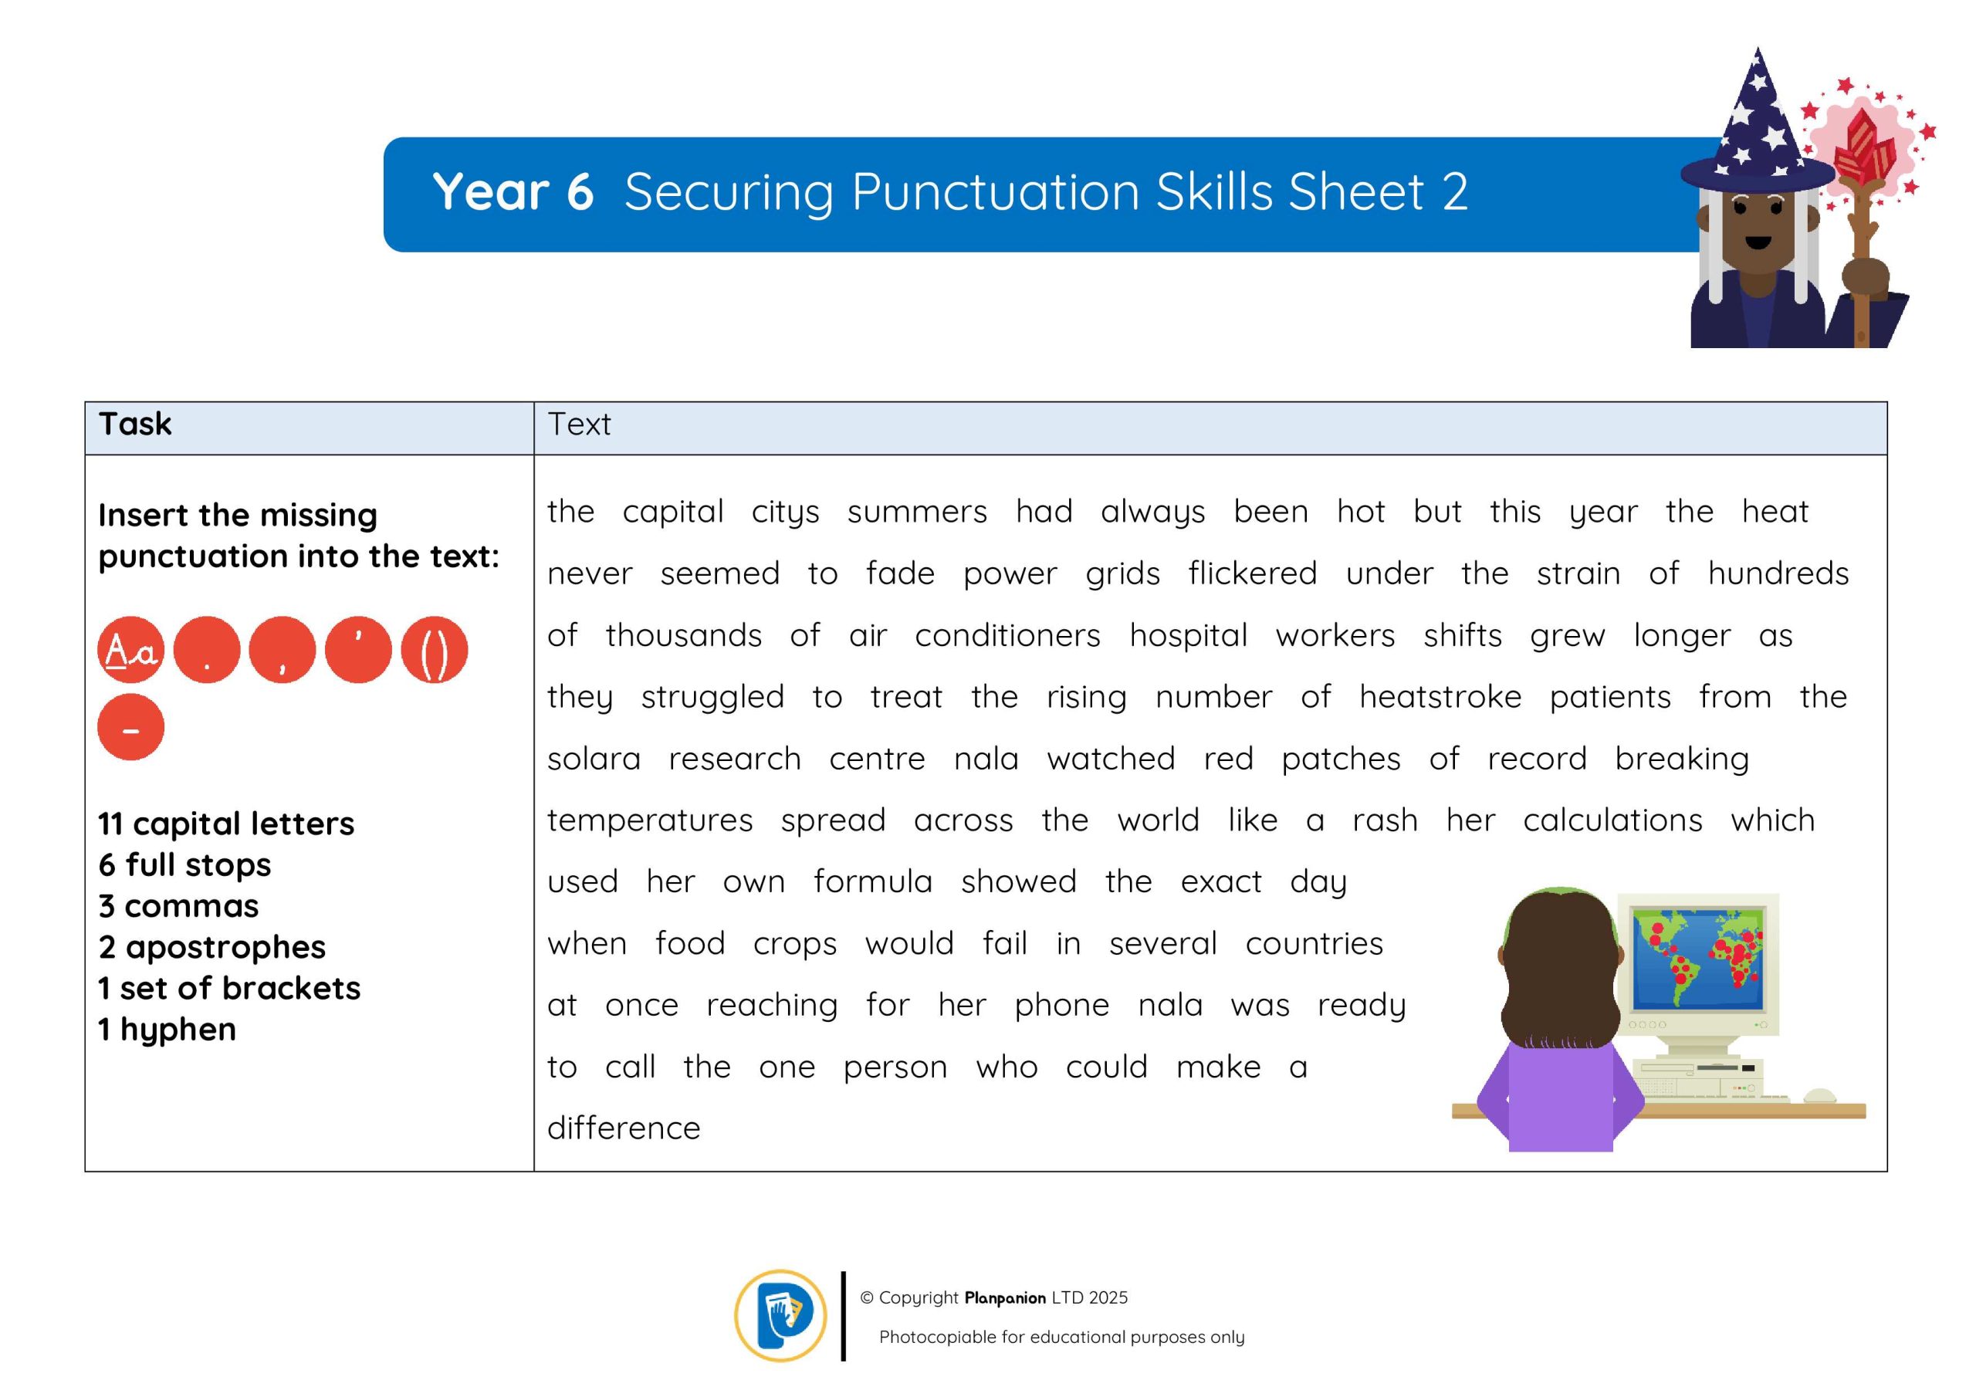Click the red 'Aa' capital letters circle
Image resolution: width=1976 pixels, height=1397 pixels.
point(130,650)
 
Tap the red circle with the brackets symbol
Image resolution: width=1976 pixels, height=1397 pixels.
point(435,650)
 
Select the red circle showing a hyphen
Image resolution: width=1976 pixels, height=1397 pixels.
point(130,727)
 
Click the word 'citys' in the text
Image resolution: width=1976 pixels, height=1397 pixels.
point(785,512)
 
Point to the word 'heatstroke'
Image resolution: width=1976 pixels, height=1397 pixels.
point(1440,696)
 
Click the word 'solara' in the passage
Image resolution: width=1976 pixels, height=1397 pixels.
point(594,759)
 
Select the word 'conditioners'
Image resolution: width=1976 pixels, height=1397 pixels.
point(1007,635)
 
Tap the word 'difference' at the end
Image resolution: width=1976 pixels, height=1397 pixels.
point(624,1128)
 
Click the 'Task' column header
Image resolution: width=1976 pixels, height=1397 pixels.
point(135,425)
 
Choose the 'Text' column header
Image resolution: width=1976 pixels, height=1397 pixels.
point(579,425)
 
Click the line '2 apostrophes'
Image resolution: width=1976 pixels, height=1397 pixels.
point(211,948)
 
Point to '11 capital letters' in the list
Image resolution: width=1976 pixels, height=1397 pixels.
point(226,824)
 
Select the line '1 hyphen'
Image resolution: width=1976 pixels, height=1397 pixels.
point(167,1030)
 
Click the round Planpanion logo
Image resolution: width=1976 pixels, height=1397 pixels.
point(780,1315)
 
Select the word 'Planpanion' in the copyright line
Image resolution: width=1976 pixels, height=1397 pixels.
point(1005,1298)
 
